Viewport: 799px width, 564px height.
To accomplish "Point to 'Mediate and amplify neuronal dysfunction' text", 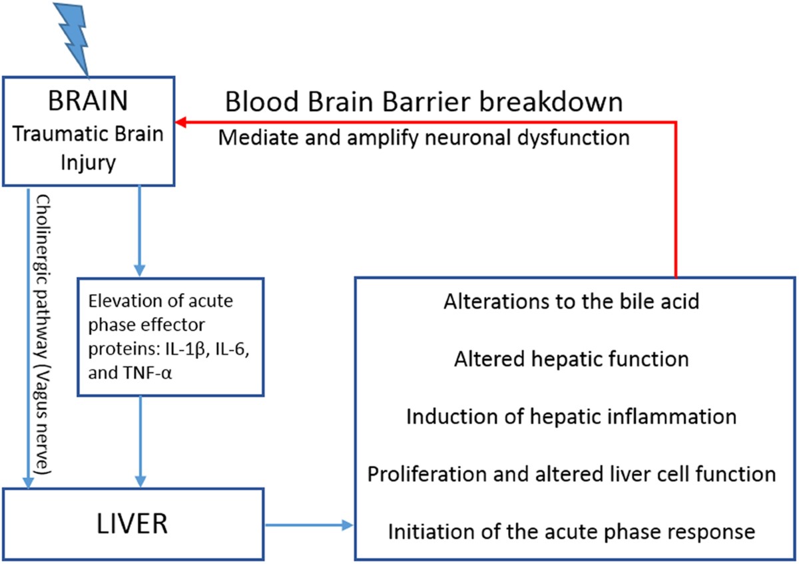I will coord(423,138).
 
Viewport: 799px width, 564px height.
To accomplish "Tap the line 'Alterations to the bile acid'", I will coord(571,302).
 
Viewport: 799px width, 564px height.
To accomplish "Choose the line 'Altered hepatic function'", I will coord(571,360).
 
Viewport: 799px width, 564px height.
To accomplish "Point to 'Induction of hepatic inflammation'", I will coord(571,417).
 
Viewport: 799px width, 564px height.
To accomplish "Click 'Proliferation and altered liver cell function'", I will coord(571,474).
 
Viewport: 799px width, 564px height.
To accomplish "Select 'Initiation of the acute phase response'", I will coord(571,532).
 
